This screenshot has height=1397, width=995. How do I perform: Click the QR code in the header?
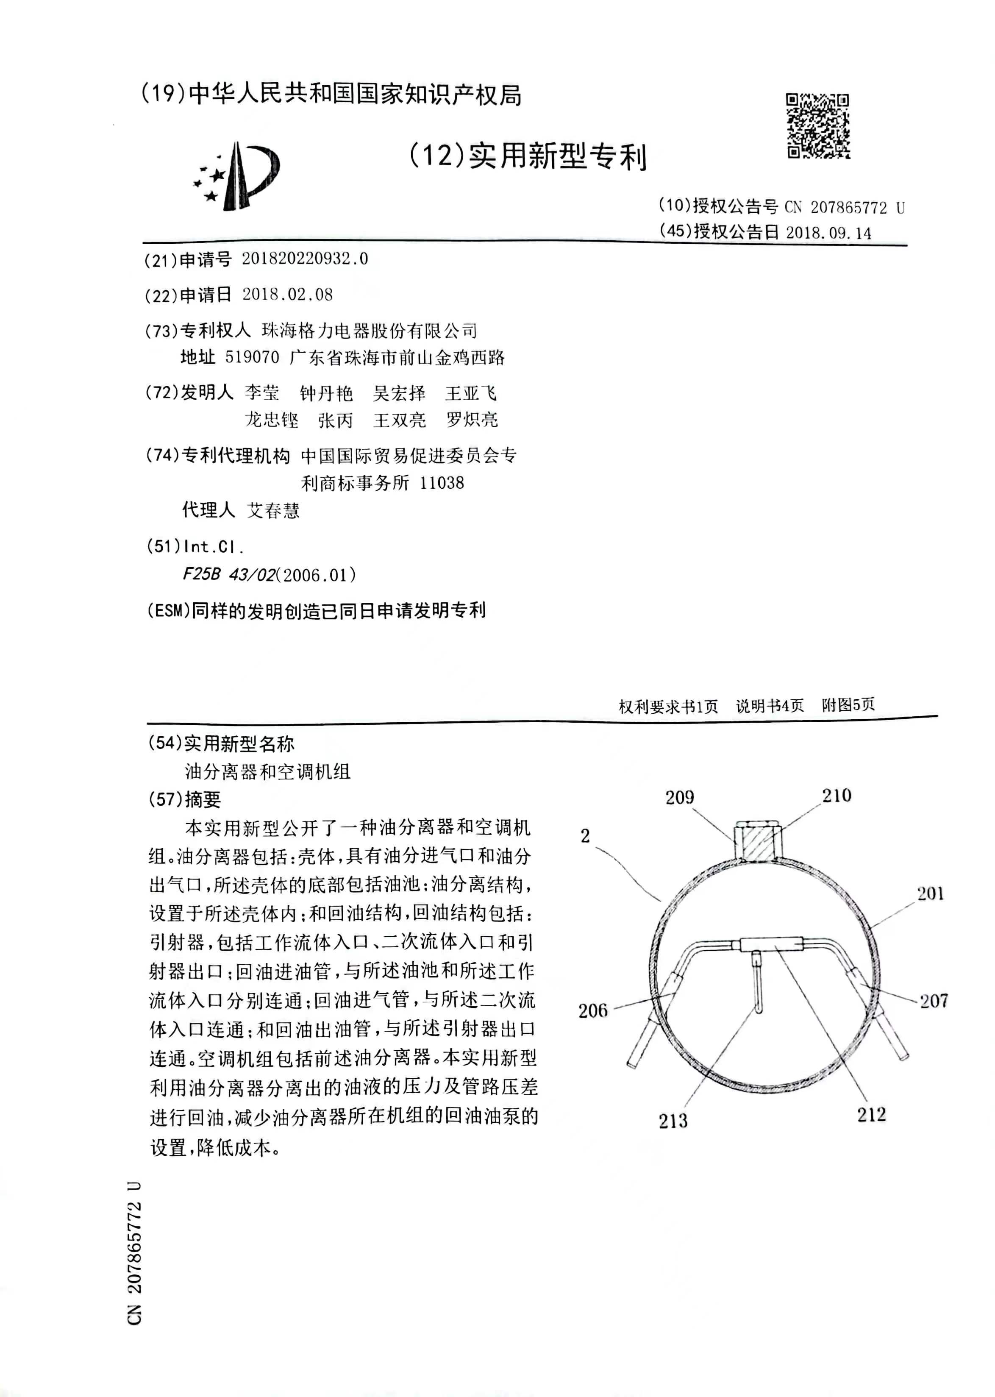817,126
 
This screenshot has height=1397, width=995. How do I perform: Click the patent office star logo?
236,175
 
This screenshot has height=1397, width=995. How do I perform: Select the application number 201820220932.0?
305,259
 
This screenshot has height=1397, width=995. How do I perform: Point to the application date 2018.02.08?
287,295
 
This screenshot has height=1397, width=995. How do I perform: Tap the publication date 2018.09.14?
828,233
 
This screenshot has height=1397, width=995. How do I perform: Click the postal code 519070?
252,357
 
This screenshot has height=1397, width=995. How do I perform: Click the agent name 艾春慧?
273,510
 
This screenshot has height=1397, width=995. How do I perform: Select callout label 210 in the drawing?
837,796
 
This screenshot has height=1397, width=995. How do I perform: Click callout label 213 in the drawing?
673,1121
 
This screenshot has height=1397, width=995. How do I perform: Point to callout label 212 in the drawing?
871,1115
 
